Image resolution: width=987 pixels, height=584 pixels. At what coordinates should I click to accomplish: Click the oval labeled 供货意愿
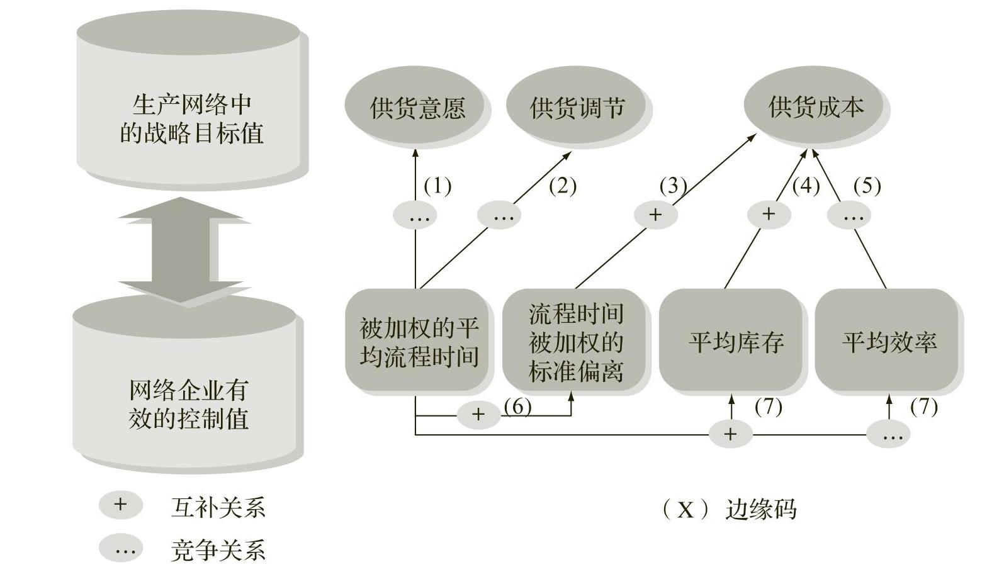pyautogui.click(x=415, y=107)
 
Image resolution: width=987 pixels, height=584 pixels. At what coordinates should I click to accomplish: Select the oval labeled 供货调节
pyautogui.click(x=576, y=107)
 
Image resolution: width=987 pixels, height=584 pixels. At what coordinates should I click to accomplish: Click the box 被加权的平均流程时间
pyautogui.click(x=418, y=340)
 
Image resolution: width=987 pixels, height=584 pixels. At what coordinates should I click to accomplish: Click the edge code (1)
pyautogui.click(x=437, y=186)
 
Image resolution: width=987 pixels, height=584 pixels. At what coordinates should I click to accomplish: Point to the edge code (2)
pyautogui.click(x=562, y=186)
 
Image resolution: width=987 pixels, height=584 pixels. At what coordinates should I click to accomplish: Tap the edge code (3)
pyautogui.click(x=672, y=186)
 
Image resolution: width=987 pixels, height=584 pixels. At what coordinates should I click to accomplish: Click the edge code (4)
pyautogui.click(x=806, y=186)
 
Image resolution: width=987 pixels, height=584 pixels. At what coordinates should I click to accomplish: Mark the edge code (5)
pyautogui.click(x=867, y=186)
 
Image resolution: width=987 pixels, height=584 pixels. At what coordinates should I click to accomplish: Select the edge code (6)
pyautogui.click(x=517, y=407)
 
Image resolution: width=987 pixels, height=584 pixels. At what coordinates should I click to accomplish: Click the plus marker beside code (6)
pyautogui.click(x=478, y=414)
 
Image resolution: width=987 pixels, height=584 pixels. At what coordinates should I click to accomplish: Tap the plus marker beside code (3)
pyautogui.click(x=655, y=215)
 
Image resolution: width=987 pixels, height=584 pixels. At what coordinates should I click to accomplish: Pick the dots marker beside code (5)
pyautogui.click(x=852, y=216)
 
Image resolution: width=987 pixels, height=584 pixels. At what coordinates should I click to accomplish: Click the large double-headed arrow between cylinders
pyautogui.click(x=181, y=250)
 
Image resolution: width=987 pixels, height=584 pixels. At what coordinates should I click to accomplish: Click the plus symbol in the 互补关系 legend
pyautogui.click(x=120, y=505)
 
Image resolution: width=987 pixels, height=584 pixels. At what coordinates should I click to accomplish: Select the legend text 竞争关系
pyautogui.click(x=218, y=551)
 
